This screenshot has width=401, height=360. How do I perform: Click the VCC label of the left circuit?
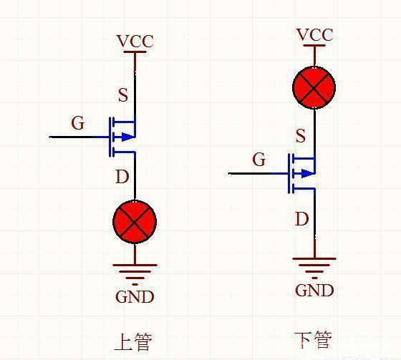[135, 42]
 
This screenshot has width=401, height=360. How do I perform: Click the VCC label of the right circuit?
[314, 35]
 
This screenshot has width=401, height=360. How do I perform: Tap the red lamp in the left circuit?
[135, 222]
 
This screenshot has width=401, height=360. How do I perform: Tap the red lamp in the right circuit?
[314, 88]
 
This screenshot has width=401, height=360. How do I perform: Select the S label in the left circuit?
[122, 95]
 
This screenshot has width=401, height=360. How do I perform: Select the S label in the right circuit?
[300, 136]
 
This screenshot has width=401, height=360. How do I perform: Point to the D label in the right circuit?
[301, 218]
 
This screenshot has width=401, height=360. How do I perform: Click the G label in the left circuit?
[77, 123]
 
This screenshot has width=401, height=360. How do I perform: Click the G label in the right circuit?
[259, 160]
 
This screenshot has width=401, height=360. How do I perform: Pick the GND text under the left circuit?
[135, 296]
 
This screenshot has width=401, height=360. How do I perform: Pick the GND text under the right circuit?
[314, 290]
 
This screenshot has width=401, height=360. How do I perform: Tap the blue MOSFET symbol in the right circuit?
[302, 173]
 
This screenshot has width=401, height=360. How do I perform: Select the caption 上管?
[133, 340]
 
